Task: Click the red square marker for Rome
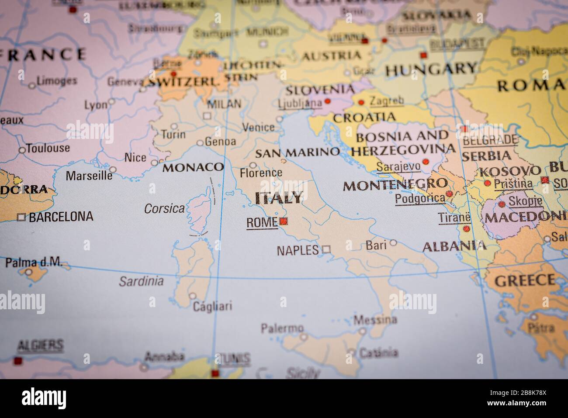click(284, 221)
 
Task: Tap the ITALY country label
click(279, 198)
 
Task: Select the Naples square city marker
click(326, 250)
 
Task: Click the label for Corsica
click(164, 209)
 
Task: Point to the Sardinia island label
click(142, 281)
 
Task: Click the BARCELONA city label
click(61, 217)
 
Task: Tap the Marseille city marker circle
click(113, 169)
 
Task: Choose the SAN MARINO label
click(297, 152)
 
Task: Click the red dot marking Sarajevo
click(426, 162)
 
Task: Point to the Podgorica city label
click(420, 199)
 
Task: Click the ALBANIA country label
click(454, 246)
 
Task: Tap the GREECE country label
click(525, 280)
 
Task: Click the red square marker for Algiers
click(18, 361)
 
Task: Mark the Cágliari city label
click(213, 306)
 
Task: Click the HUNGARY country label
click(430, 69)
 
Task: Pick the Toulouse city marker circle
click(22, 150)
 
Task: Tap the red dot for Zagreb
click(361, 103)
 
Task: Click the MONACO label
click(193, 167)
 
